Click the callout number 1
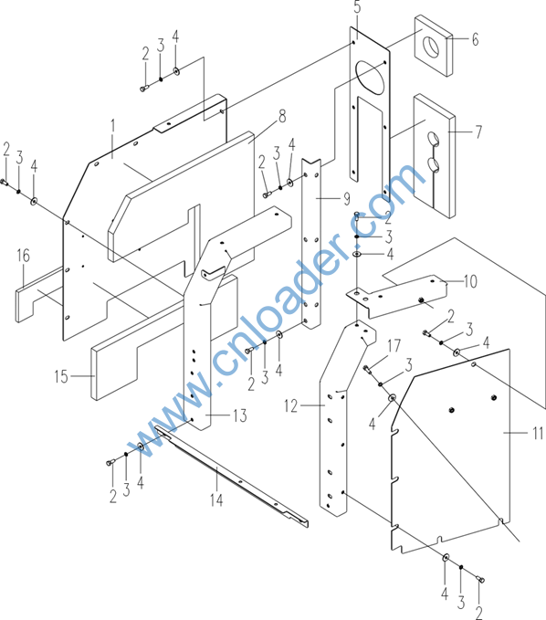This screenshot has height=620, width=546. point(112,127)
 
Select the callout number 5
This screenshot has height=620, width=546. point(357,7)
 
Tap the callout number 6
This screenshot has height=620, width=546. point(475,39)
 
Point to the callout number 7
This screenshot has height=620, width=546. point(478,131)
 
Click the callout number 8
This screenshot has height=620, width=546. point(282,117)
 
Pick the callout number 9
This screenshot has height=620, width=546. point(346,198)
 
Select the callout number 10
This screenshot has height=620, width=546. point(470,281)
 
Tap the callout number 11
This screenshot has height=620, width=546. point(538,433)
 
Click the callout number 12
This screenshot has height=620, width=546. point(290,405)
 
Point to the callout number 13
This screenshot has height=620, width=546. point(240,415)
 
